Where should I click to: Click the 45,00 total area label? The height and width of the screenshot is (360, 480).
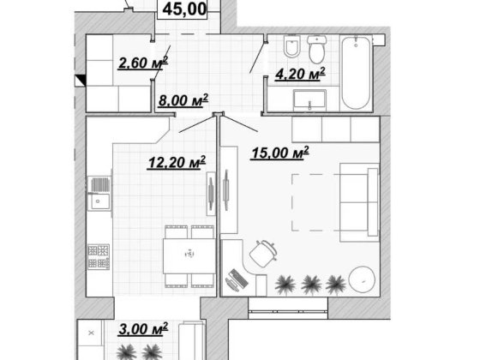pos(184,9)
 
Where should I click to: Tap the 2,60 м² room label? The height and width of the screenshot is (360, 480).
pos(143,63)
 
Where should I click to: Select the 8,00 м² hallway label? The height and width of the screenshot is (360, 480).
pos(183,100)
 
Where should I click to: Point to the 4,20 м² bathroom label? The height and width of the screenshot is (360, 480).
pos(300,74)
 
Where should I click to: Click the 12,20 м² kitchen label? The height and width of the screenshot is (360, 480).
pos(177,162)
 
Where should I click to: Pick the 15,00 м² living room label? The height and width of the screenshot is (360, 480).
pos(279,153)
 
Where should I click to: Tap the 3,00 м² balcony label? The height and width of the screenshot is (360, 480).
pos(143,329)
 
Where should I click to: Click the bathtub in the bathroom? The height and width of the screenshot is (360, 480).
pos(356,73)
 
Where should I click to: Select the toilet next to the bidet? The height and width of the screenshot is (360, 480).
pos(317,49)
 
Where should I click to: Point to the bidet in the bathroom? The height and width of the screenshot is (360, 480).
pos(291,47)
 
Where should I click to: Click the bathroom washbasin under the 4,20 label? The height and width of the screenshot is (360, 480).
pos(309,100)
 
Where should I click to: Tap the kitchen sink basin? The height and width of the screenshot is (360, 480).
pos(99,201)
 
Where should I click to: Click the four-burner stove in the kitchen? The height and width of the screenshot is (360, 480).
pos(99,256)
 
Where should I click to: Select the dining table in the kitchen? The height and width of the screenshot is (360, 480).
pos(189,256)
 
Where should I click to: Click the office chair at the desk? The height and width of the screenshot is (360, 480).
pos(263,254)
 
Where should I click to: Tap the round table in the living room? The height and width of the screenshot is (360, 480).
pos(362,279)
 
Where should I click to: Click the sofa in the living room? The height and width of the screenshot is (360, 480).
pos(359,202)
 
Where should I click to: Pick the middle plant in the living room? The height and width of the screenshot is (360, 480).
pos(311,285)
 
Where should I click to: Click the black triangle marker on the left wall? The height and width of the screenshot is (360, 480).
pos(81,81)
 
